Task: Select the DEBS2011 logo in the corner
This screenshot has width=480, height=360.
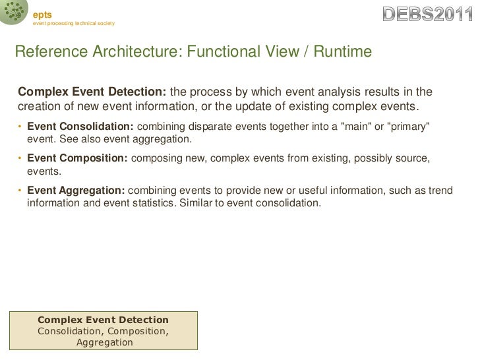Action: coord(428,14)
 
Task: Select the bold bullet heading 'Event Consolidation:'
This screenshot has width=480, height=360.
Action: coord(80,127)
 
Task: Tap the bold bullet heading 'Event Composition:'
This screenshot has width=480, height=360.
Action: coord(78,158)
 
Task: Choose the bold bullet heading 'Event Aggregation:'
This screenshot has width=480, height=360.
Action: coord(75,191)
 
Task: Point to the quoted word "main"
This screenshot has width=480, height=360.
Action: coord(353,127)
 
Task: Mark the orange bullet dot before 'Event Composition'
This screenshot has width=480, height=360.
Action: coord(20,159)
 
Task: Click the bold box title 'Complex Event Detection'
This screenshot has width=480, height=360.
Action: coord(103,319)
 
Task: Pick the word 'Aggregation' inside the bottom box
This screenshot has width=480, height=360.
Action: coord(104,342)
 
